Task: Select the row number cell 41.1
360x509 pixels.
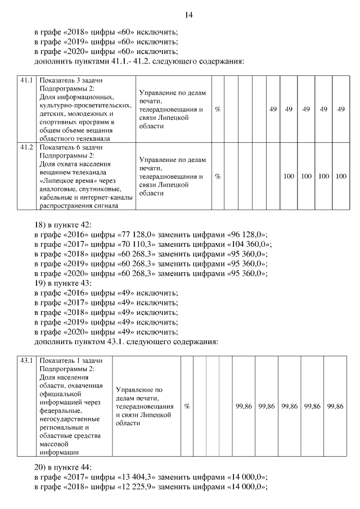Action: coord(26,80)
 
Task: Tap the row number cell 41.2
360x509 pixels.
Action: coord(26,147)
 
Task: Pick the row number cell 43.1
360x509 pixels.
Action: coord(26,360)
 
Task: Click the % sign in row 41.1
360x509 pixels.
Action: coord(218,109)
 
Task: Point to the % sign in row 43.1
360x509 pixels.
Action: coord(187,406)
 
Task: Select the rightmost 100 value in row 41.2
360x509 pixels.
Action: coord(340,176)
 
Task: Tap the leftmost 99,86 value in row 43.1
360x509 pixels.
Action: coord(243,406)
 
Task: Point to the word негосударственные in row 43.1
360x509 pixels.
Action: coord(70,419)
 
